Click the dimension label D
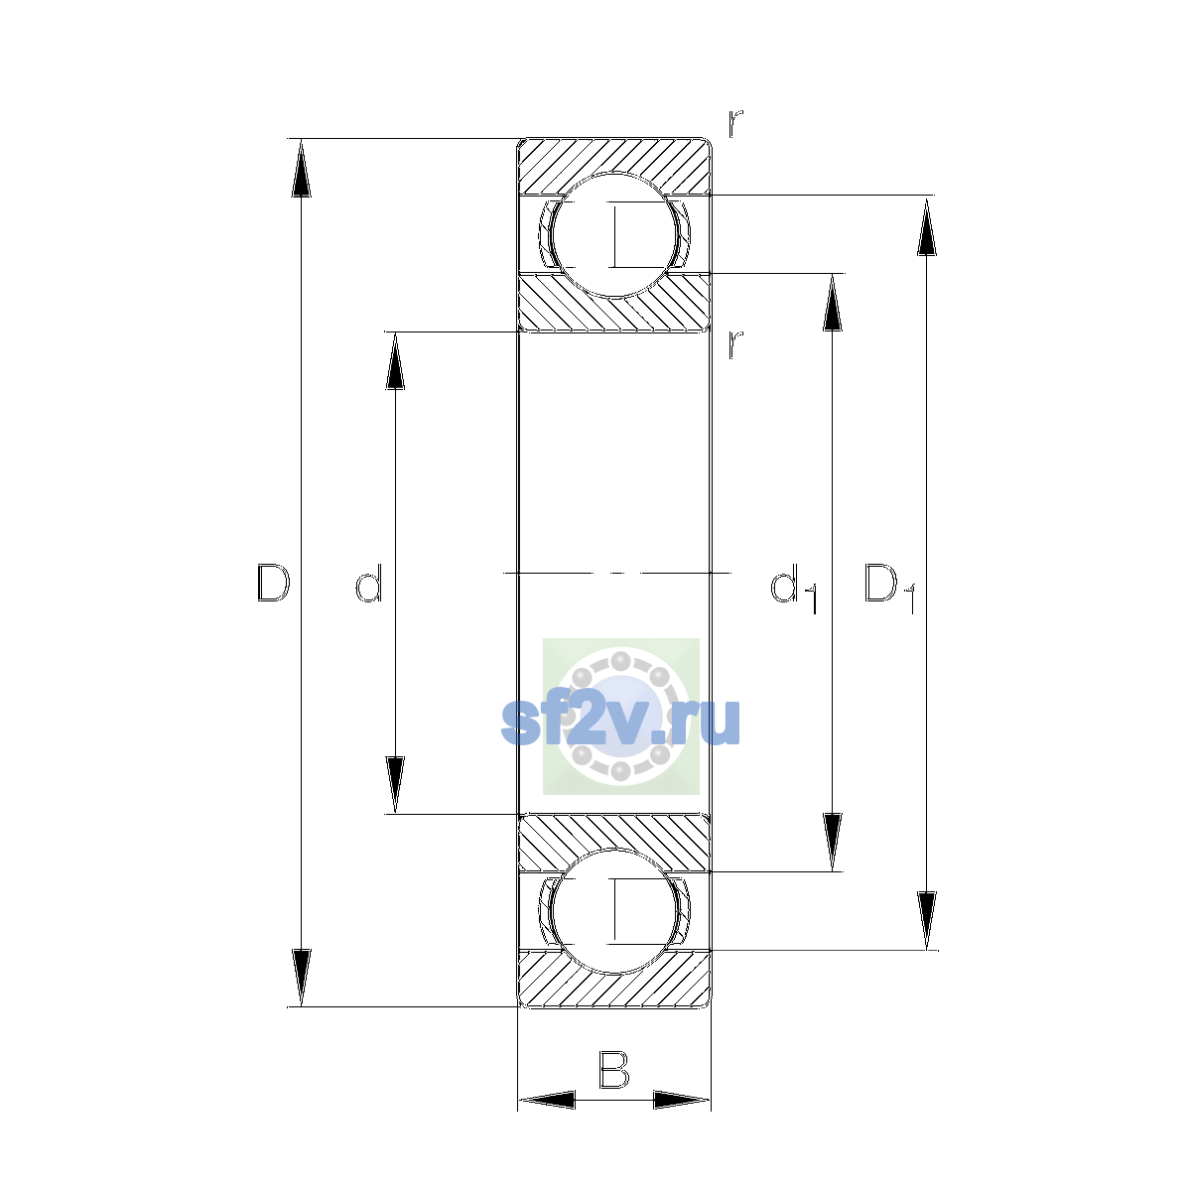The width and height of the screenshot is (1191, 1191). (x=273, y=583)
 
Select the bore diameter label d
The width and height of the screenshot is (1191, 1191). (x=369, y=583)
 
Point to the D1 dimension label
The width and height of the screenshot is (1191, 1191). (x=889, y=588)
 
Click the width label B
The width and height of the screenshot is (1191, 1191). (x=613, y=1069)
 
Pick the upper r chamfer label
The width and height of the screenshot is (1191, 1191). (x=734, y=124)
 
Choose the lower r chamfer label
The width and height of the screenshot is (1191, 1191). (x=734, y=344)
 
